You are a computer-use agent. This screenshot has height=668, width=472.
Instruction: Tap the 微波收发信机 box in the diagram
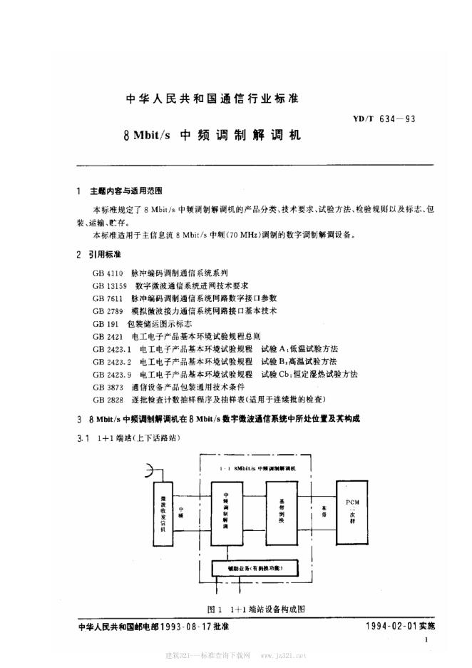[164, 511]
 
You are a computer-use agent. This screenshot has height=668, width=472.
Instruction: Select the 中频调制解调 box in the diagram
[226, 511]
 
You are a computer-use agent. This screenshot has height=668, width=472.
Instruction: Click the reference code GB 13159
[111, 285]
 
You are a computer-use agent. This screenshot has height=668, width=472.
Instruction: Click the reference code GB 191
[104, 323]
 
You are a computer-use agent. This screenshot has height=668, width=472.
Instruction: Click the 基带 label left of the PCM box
[325, 511]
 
